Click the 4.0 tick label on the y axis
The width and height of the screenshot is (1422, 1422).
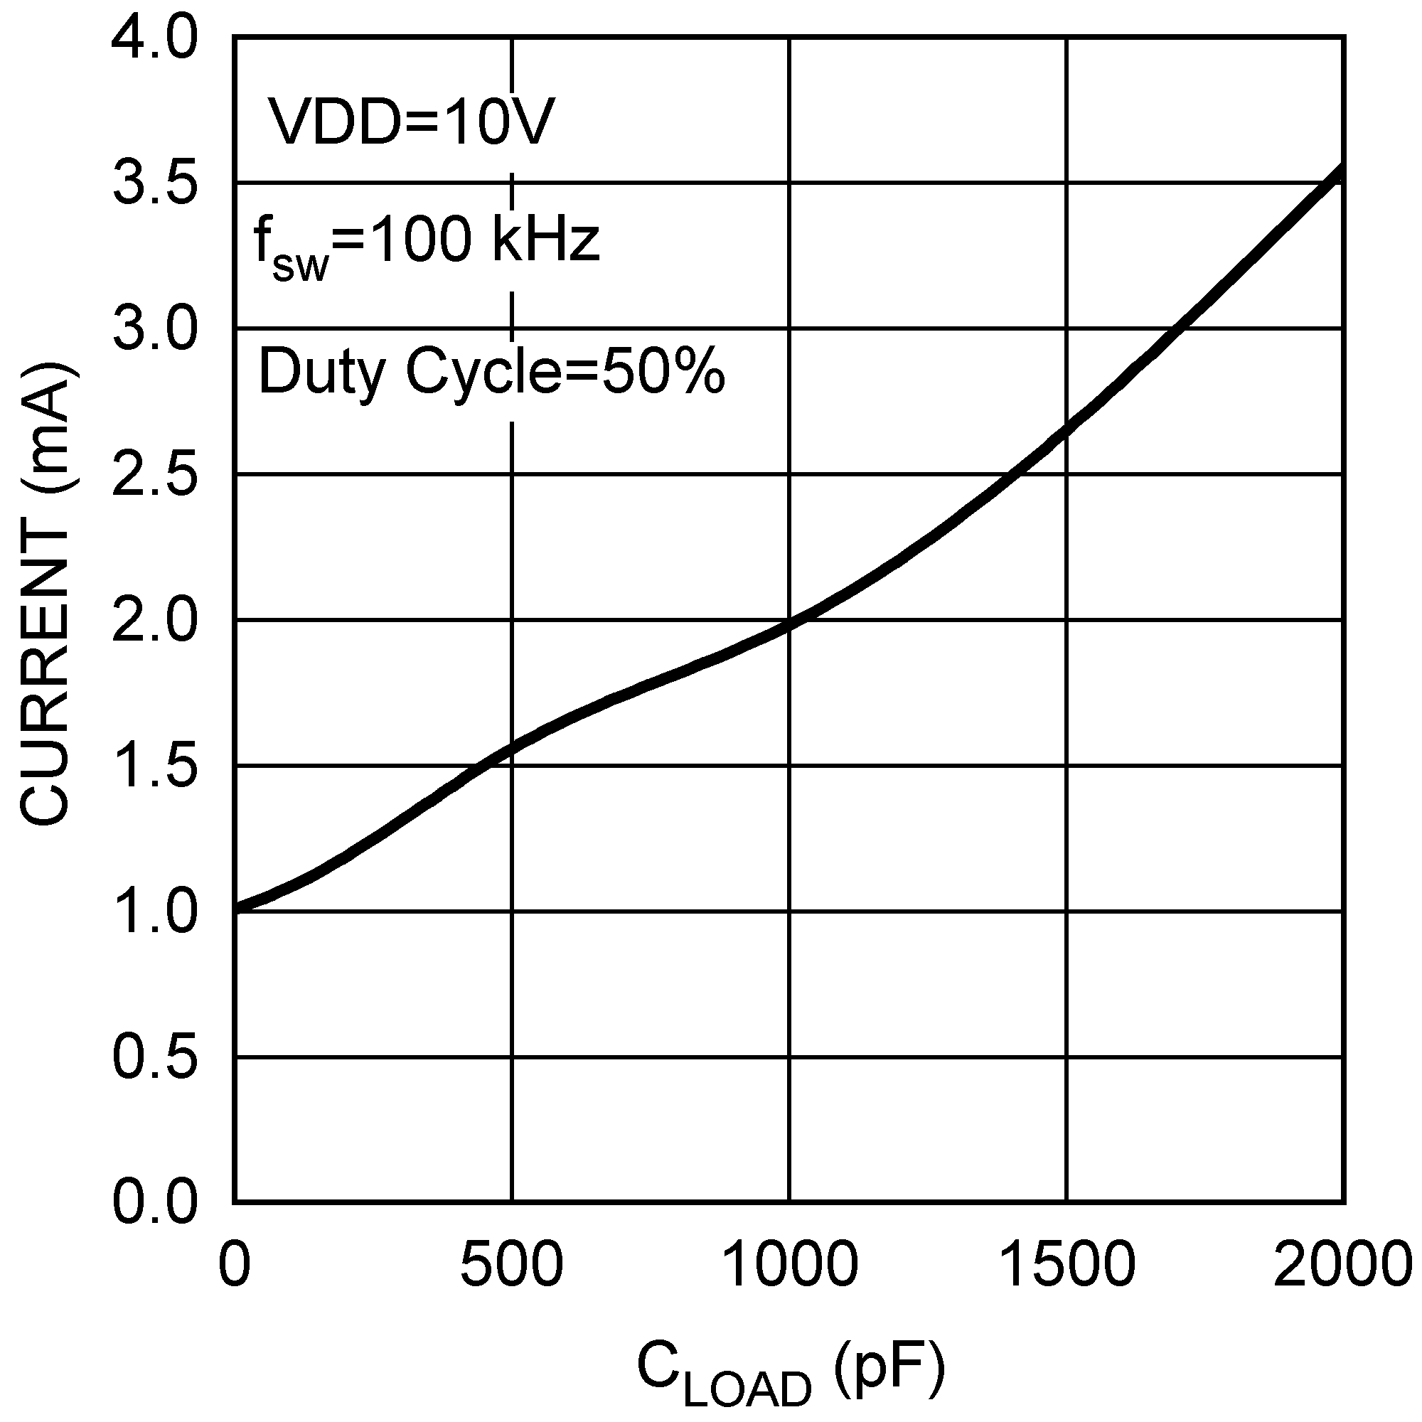[154, 39]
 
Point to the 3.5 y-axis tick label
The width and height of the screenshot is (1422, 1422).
[154, 184]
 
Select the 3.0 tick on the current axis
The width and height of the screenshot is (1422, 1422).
[154, 329]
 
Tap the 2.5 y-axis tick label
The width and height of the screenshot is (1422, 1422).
[154, 475]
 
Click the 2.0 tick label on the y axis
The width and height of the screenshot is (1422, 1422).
[154, 621]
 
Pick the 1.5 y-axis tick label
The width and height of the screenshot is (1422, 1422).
[154, 766]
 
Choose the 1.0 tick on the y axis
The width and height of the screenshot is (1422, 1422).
[154, 912]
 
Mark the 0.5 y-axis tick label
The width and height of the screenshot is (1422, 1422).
[154, 1058]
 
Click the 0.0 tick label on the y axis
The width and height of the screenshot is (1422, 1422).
[154, 1203]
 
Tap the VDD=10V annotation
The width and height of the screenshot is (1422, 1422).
[410, 121]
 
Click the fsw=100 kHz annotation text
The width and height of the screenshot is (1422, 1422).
[427, 243]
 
